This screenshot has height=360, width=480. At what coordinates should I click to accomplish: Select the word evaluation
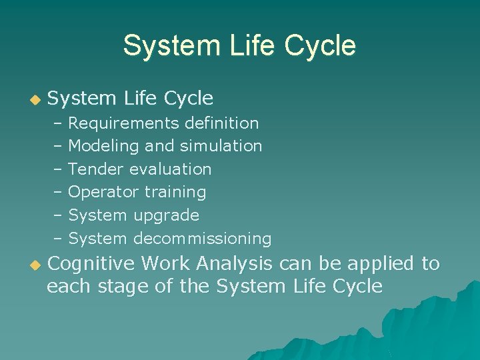tap(170, 169)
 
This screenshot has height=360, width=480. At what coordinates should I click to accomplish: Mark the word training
tap(175, 193)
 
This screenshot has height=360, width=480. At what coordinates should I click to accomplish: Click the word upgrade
tap(166, 215)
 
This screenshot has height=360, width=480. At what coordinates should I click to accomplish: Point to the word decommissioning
tap(202, 239)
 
